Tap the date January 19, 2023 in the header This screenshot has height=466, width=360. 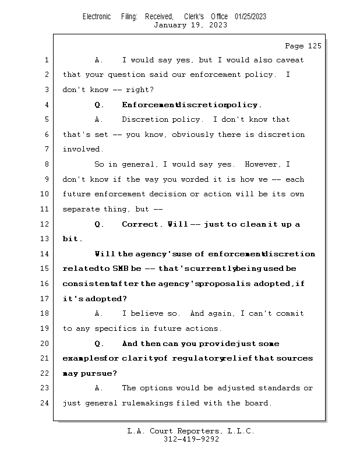click(182, 25)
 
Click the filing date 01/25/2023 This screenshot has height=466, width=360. click(250, 16)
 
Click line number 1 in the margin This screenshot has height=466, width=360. click(47, 60)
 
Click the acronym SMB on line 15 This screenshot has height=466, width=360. click(121, 269)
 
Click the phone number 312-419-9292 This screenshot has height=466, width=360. click(191, 440)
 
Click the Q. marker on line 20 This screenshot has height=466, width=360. click(99, 344)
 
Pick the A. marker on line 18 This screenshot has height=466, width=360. click(99, 314)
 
